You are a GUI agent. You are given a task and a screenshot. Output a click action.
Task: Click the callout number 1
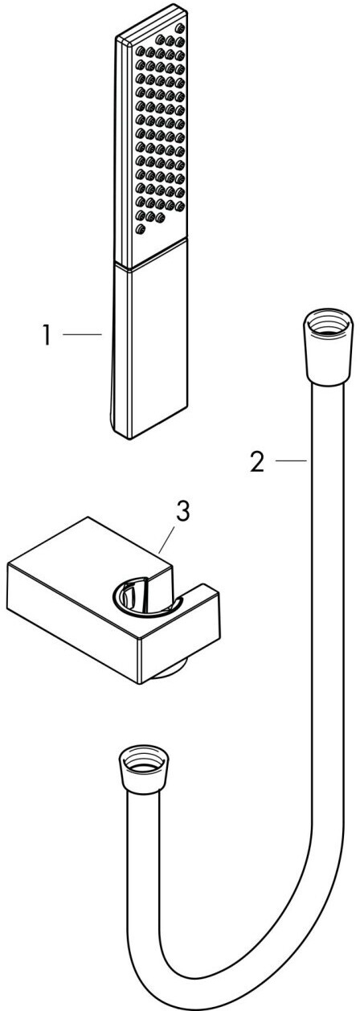pos(46,336)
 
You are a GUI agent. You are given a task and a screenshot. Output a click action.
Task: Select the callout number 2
pos(258,463)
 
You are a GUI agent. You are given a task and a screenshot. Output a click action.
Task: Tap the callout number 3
pos(182,511)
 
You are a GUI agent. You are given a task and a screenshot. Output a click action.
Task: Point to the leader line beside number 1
pos(82,334)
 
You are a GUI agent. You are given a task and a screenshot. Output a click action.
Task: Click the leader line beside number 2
pos(292,460)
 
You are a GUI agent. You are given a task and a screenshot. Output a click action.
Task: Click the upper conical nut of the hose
pos(328,348)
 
